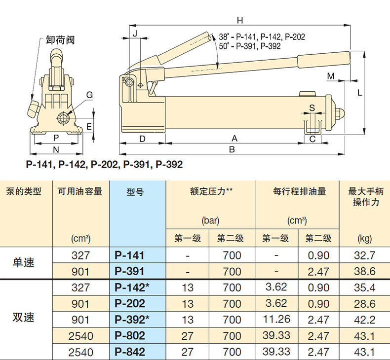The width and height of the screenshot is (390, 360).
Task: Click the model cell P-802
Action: coord(129,336)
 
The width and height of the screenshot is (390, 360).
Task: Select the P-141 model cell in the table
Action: coord(129,255)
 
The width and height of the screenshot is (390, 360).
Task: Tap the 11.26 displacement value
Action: coord(276,319)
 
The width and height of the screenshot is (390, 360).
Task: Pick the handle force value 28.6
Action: coord(365,304)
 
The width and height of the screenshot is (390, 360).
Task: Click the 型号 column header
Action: coord(135,192)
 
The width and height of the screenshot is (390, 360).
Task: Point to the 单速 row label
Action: coord(23,262)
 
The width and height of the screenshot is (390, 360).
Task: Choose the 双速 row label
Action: coord(23,318)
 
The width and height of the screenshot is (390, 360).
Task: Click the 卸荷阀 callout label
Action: coord(60,40)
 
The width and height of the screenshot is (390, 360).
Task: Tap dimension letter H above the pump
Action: coord(240,20)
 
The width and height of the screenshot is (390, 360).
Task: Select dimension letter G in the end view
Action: coord(89,95)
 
